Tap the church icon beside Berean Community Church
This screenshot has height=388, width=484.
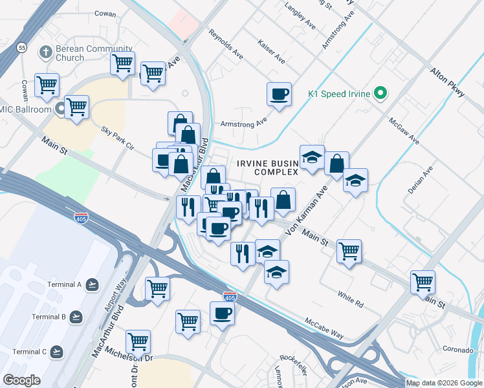(45, 50)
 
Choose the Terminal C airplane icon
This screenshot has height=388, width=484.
(57, 352)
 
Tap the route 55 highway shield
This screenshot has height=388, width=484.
(22, 47)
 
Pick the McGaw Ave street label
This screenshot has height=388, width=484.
(404, 131)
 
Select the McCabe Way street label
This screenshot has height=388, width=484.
(324, 327)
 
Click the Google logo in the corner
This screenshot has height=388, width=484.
(21, 380)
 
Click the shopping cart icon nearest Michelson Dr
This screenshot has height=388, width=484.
(138, 341)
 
